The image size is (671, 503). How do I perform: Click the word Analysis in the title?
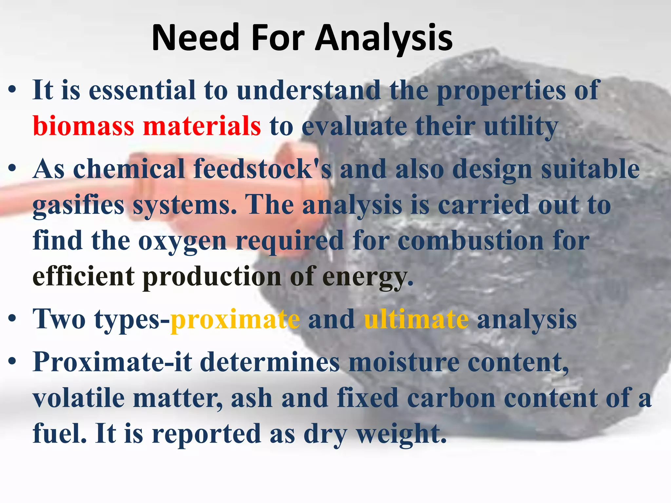[x=383, y=39]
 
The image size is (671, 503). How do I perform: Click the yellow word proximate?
[x=235, y=320]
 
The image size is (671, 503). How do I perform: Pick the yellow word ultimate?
[x=416, y=320]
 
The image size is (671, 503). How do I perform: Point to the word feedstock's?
[x=262, y=169]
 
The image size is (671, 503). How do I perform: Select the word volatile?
[x=79, y=398]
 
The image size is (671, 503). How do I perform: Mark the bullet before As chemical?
[x=12, y=169]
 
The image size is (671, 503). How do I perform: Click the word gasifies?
[x=79, y=206]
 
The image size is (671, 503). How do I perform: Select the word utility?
[x=521, y=127]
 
